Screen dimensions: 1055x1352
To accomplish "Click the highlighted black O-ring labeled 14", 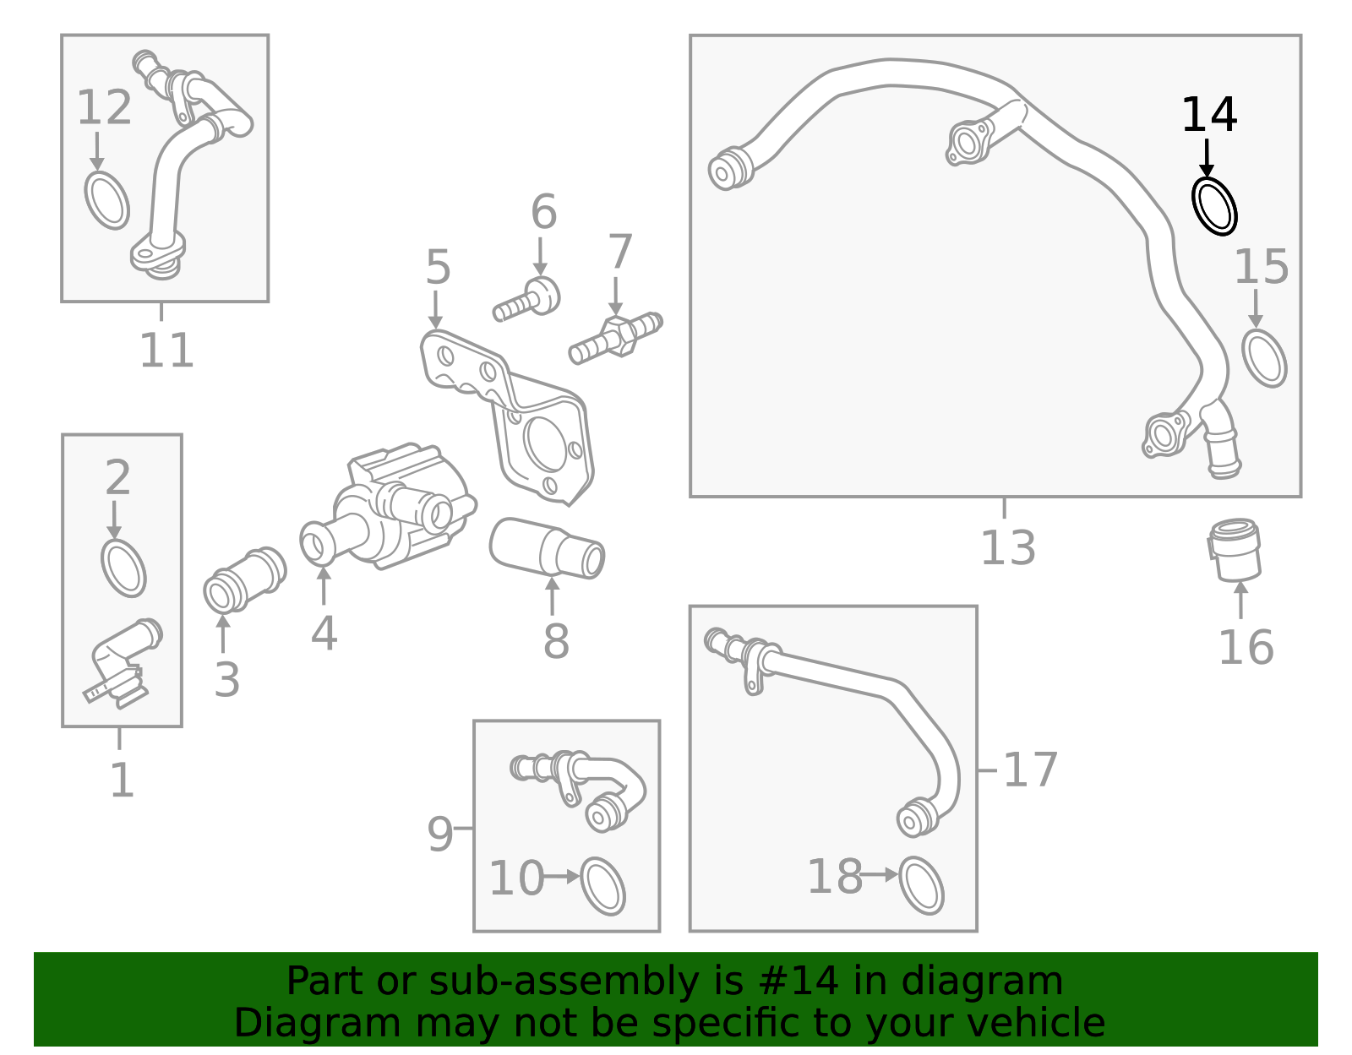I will [1214, 205].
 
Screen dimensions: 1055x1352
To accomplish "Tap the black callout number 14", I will [1208, 115].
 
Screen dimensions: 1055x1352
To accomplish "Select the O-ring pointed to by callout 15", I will [1264, 358].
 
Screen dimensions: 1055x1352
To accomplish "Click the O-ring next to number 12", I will [107, 200].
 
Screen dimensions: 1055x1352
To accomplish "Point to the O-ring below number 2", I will [123, 568].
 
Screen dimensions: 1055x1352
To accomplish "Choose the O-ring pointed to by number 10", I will [603, 886].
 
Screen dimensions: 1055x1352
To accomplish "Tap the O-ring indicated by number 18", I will [921, 885].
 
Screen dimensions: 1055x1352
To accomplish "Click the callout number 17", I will [1030, 769].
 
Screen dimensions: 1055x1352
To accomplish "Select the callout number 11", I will [166, 350].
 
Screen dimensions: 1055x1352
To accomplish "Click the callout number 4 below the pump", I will [324, 633].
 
